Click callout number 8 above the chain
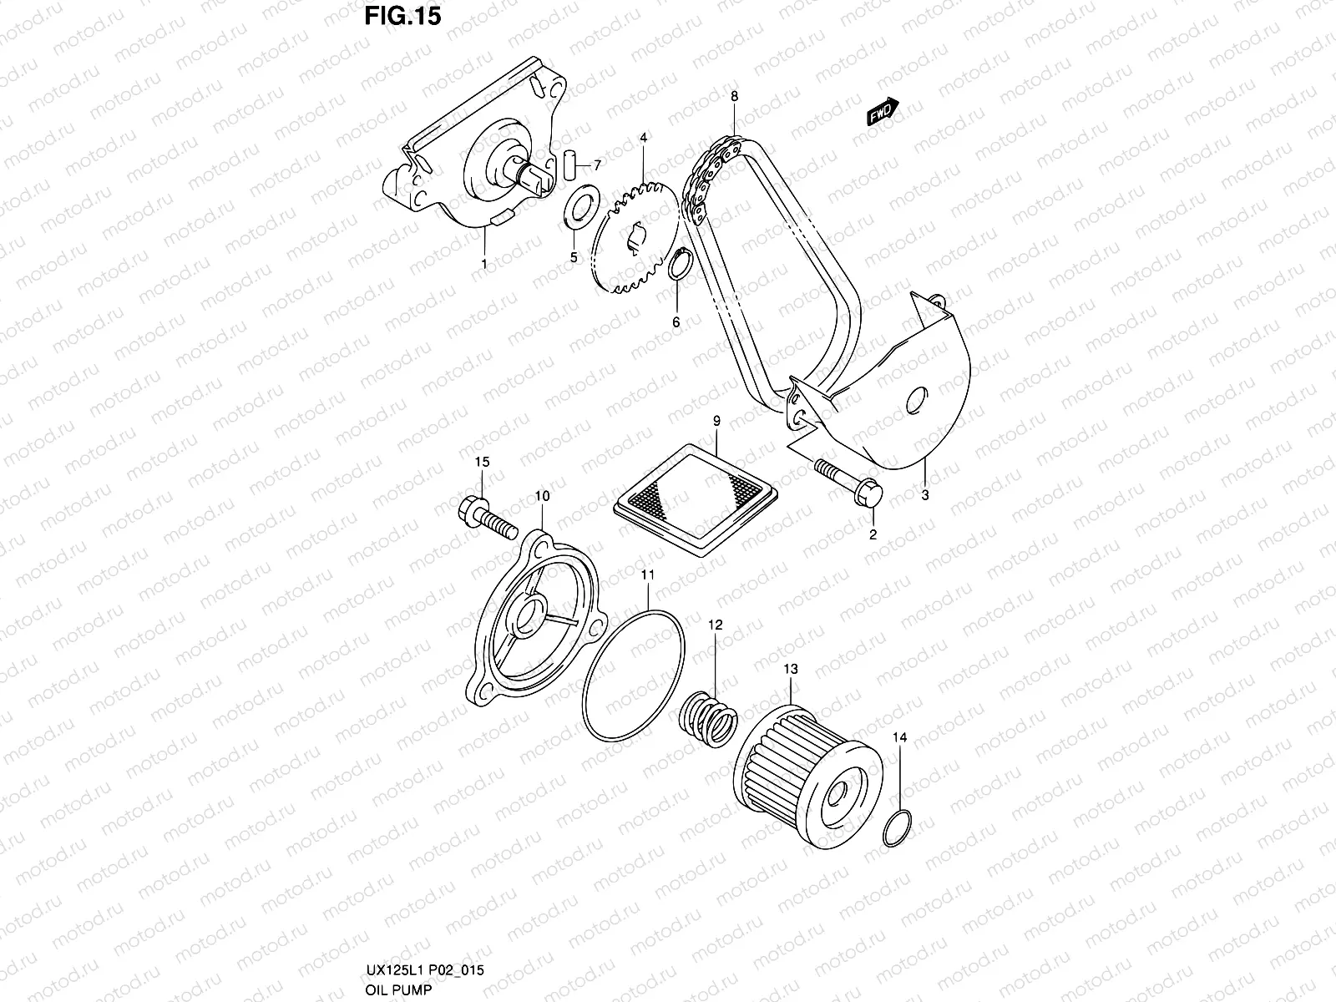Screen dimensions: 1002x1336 click(x=734, y=98)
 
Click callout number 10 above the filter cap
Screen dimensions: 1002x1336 click(x=542, y=496)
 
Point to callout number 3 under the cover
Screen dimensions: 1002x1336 click(x=925, y=495)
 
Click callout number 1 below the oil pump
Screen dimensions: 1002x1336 click(x=484, y=263)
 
